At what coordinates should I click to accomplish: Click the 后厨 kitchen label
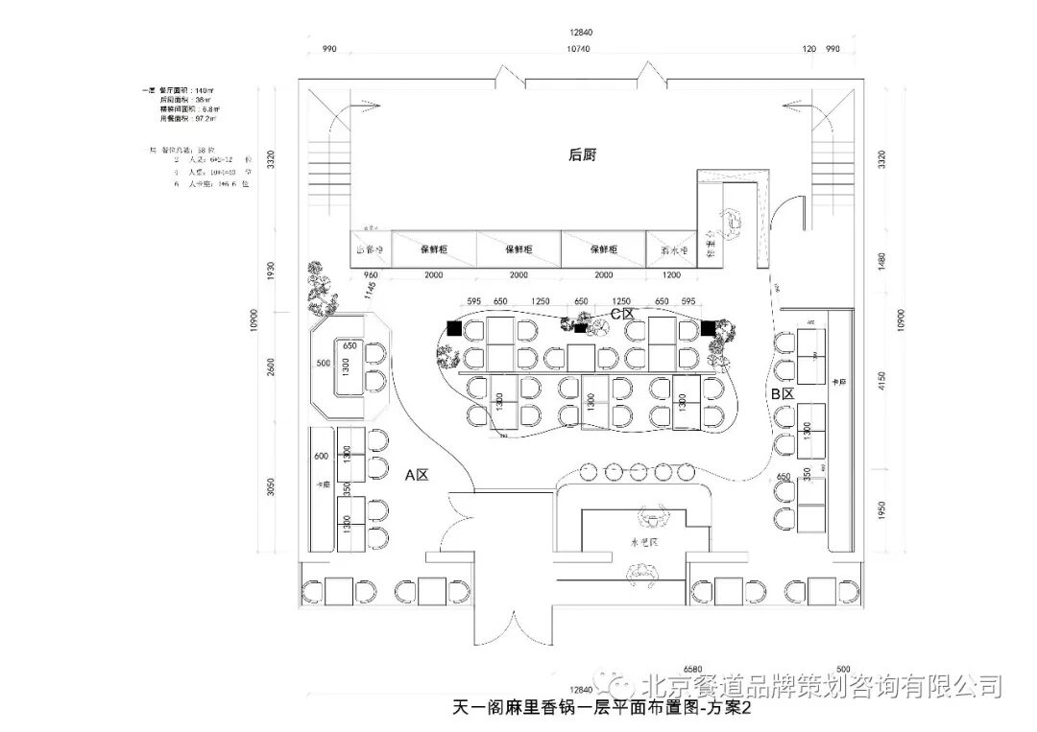point(582,154)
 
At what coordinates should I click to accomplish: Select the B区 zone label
point(782,394)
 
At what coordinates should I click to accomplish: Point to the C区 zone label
point(622,314)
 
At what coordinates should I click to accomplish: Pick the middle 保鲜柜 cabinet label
point(518,249)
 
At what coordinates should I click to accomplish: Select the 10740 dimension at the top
point(578,48)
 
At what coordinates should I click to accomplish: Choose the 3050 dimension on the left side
point(271,487)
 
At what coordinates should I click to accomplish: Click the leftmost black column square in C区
point(452,327)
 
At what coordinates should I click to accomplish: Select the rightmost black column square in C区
point(709,328)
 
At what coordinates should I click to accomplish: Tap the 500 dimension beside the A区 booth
point(322,364)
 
